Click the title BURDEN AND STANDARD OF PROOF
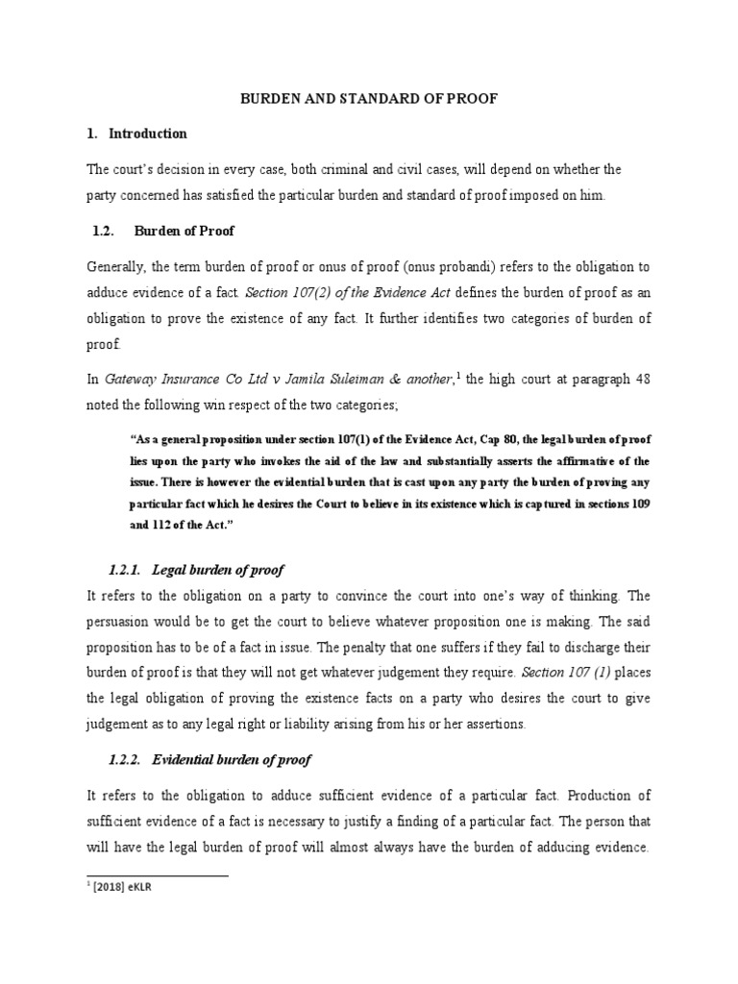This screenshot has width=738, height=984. [369, 98]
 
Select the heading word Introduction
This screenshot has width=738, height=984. [148, 134]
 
